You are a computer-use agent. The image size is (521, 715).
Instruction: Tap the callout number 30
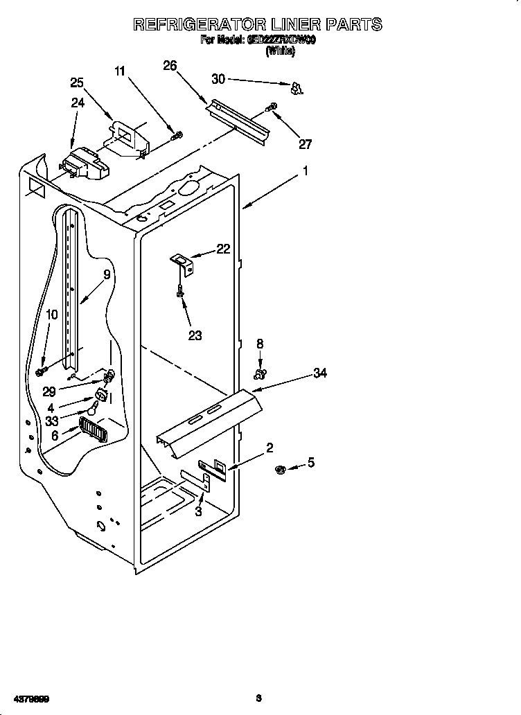218,80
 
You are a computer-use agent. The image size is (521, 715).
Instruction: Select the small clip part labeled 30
297,88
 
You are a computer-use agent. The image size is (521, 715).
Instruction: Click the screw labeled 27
272,107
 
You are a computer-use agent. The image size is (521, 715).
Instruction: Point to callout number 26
170,66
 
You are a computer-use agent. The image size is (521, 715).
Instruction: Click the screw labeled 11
177,135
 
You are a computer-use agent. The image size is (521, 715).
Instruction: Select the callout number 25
77,82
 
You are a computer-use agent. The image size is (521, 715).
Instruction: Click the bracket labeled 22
184,261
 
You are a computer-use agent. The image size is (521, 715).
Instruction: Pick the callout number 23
195,335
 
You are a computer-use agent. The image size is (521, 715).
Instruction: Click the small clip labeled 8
260,375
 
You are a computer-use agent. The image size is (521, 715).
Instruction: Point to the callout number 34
319,373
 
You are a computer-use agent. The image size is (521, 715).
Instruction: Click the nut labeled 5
281,470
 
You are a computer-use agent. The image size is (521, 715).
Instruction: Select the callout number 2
270,447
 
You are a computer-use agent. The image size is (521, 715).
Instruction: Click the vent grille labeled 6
92,429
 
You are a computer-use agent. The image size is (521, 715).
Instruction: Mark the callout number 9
107,274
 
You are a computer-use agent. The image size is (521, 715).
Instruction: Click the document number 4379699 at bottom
28,698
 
